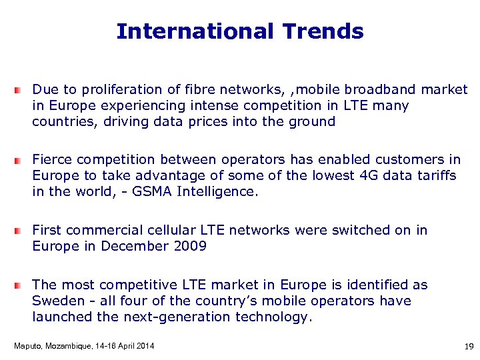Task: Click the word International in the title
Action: (195, 31)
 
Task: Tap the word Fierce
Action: (51, 159)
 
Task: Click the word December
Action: (132, 246)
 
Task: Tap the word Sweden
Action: (57, 301)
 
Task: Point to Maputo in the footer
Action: (27, 345)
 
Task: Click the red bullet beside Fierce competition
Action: (21, 161)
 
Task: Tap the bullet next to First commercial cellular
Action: (21, 231)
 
